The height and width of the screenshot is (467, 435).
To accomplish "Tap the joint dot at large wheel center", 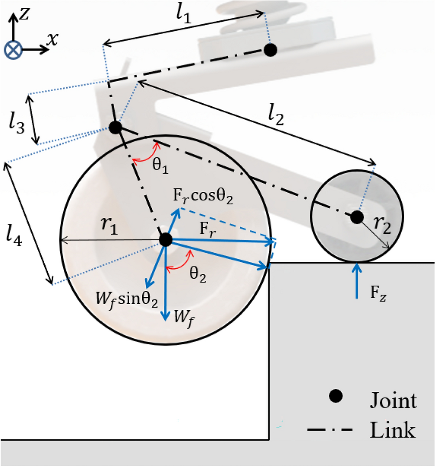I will (166, 239).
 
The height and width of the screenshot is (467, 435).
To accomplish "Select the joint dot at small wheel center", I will (357, 217).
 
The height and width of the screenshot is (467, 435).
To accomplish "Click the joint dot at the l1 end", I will (270, 50).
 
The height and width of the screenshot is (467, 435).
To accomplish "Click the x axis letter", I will (52, 39).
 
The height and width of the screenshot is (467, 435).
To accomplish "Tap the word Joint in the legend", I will (393, 400).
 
